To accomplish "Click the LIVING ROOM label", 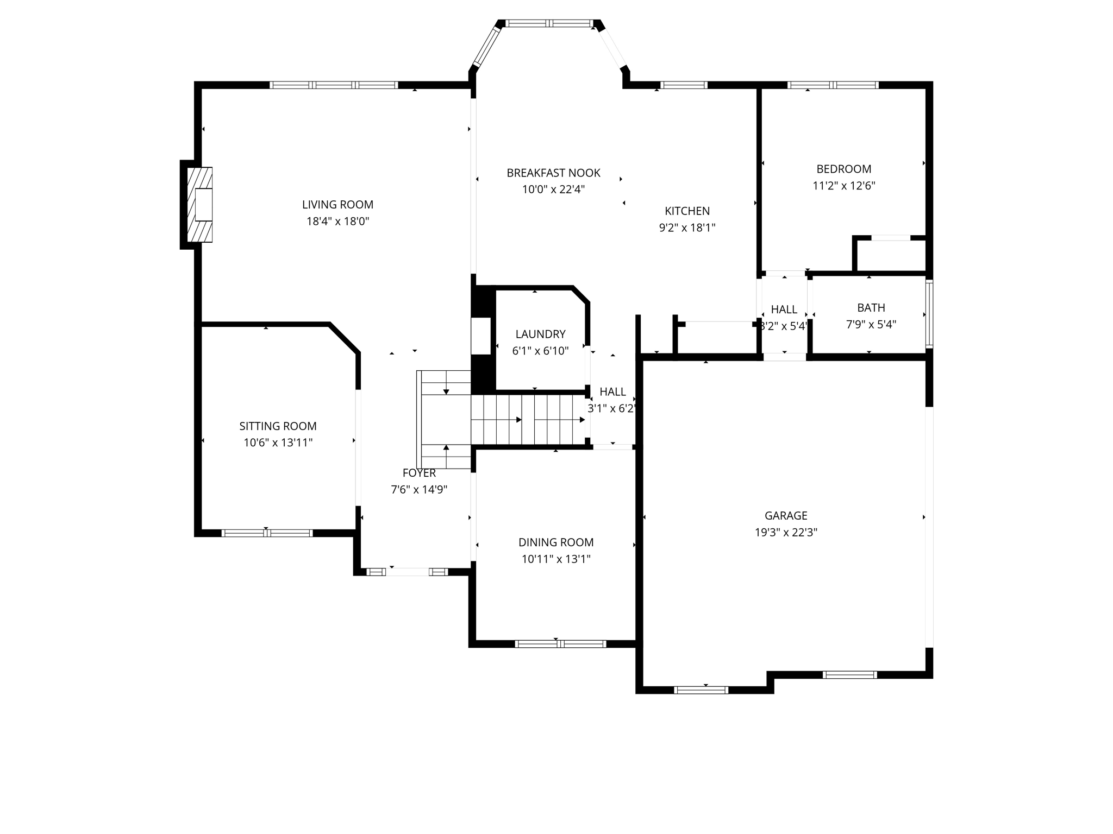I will (337, 205).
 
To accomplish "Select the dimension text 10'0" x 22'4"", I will (553, 189).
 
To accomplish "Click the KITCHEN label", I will (687, 211).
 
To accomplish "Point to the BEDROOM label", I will (843, 169).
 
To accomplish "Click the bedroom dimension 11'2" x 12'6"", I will (843, 186).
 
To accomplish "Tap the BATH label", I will (871, 308).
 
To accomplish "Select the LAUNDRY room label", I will (540, 334).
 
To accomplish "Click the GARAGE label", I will (786, 515).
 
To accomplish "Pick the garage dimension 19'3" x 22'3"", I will (786, 532).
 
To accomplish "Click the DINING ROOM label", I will (555, 542).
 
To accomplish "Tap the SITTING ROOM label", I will (278, 426).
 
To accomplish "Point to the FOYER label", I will (419, 473).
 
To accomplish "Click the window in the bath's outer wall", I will (929, 314).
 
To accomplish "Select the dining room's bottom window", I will (560, 644).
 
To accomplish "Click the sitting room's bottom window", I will (267, 533).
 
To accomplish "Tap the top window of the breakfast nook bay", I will (549, 23).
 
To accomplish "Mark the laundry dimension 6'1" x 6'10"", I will (540, 351).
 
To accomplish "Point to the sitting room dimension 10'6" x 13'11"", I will (278, 443).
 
